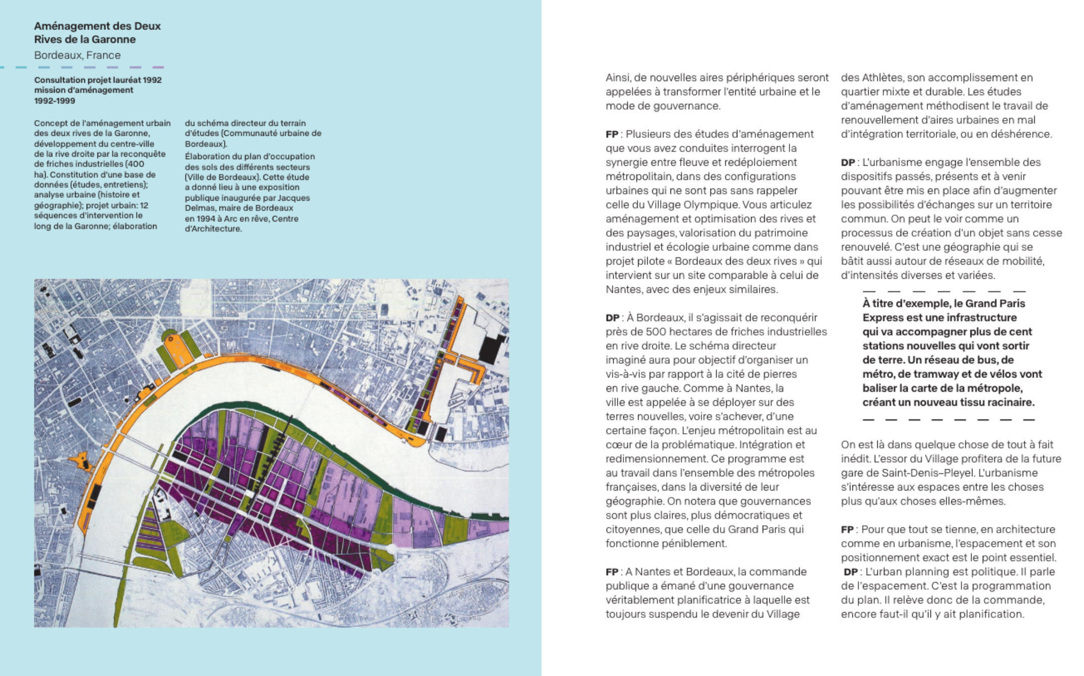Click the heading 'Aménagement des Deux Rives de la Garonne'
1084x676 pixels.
(x=97, y=32)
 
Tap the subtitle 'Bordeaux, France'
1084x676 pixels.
(x=77, y=55)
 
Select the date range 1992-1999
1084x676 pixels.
(x=54, y=101)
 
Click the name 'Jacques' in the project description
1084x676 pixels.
(x=293, y=198)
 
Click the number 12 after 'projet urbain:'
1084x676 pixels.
(x=143, y=205)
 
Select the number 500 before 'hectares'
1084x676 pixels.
(x=656, y=332)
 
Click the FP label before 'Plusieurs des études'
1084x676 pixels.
(x=612, y=134)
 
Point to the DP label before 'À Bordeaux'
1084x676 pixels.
(x=612, y=318)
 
